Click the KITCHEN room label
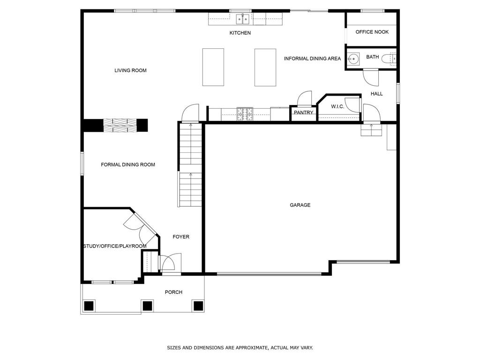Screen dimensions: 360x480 (x=240, y=33)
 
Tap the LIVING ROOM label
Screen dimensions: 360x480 (x=130, y=70)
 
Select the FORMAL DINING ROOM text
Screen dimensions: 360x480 (x=128, y=165)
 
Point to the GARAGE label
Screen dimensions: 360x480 (x=300, y=205)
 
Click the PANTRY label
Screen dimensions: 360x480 (x=303, y=112)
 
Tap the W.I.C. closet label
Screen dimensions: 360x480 (x=337, y=106)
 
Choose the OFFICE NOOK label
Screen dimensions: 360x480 (x=372, y=32)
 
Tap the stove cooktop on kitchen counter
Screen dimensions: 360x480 (x=245, y=114)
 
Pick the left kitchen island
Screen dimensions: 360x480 (x=213, y=67)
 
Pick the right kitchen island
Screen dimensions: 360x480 (x=265, y=67)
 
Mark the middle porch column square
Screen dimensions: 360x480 (x=147, y=306)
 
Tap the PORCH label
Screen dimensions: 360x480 (x=173, y=292)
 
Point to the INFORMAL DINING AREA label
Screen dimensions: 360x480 (x=312, y=59)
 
